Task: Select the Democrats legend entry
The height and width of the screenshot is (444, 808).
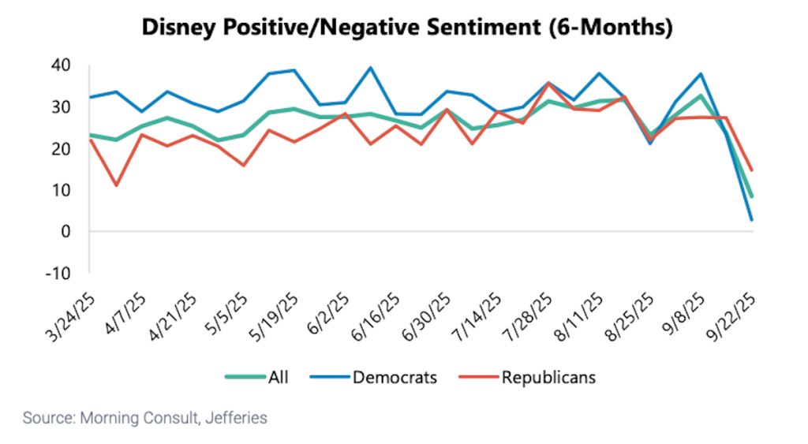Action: (394, 377)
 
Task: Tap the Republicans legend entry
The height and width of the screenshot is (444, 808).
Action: (548, 377)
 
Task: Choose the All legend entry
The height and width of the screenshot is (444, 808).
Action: (278, 377)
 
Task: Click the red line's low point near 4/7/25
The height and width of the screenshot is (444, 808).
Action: (116, 185)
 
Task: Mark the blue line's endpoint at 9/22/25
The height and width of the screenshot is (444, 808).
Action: (751, 220)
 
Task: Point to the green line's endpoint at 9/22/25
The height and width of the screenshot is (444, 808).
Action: (751, 196)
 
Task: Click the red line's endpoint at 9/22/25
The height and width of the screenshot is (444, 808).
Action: (751, 170)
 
